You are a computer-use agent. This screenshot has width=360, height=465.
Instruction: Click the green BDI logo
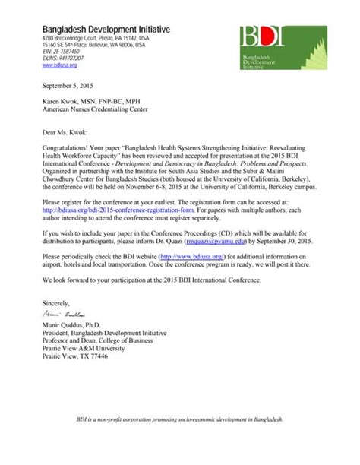[x=282, y=46]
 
